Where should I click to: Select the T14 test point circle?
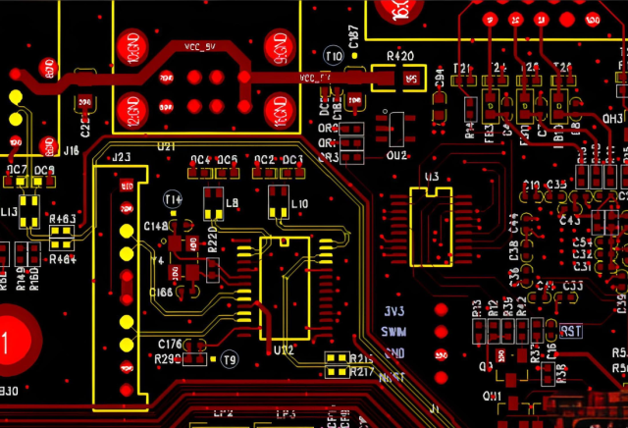173,200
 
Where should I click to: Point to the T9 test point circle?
231,359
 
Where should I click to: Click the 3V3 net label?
394,311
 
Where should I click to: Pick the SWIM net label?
393,332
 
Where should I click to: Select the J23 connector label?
122,157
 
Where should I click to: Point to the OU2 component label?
396,156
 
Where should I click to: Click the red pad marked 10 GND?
131,48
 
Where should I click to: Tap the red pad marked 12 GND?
131,107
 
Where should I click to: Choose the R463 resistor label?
62,219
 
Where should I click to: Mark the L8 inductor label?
233,203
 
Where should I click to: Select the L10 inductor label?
299,203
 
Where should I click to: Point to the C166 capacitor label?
161,293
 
